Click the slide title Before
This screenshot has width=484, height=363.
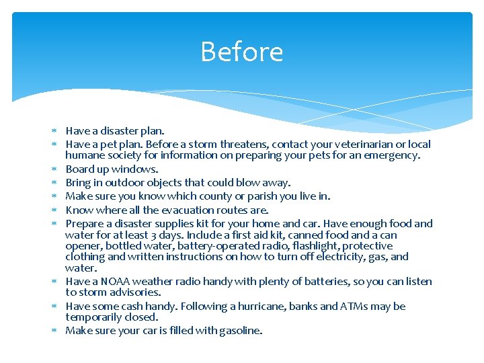(x=241, y=52)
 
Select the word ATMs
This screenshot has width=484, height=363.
(x=344, y=307)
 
